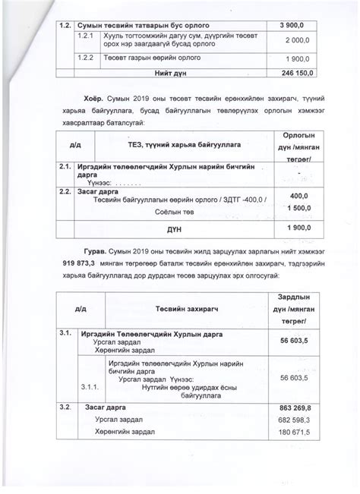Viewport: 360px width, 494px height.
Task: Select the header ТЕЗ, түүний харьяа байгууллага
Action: [x=163, y=144]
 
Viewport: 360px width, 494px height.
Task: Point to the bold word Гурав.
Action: [x=94, y=250]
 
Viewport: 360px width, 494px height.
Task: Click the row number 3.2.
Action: [x=65, y=408]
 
